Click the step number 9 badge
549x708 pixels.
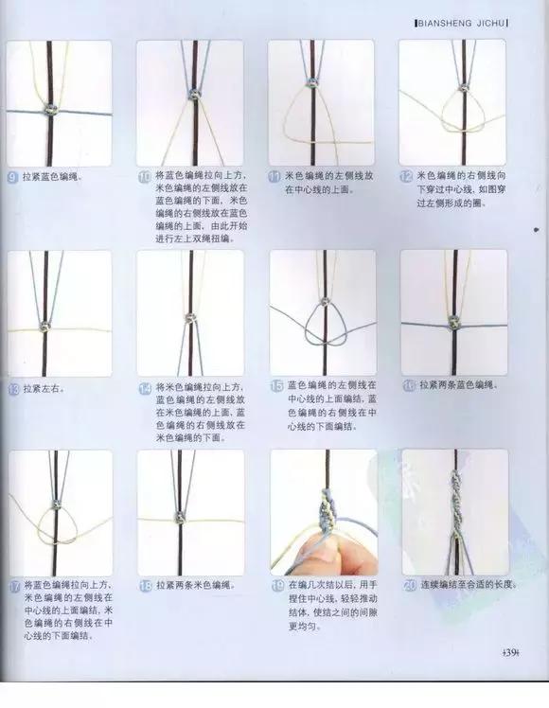pyautogui.click(x=12, y=176)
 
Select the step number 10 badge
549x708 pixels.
pyautogui.click(x=145, y=176)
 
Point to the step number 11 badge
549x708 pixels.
pyautogui.click(x=275, y=176)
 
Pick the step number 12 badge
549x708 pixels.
pyautogui.click(x=406, y=176)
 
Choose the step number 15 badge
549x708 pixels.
pyautogui.click(x=275, y=386)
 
